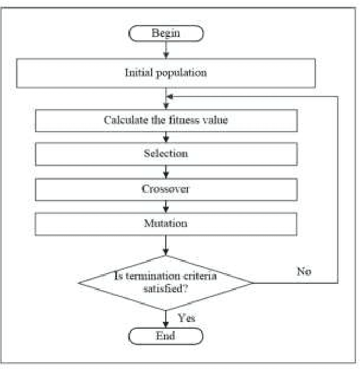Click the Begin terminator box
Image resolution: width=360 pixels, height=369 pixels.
(x=165, y=33)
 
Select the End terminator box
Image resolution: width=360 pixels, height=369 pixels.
(x=165, y=336)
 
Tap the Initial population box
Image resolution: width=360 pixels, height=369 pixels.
(x=165, y=73)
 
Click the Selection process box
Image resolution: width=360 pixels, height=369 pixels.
(x=165, y=154)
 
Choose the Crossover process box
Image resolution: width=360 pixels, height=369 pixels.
(x=165, y=189)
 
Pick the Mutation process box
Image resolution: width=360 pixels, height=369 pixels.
(x=165, y=224)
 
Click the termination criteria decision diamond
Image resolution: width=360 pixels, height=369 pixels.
(x=165, y=282)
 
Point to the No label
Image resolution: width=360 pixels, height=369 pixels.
(x=304, y=271)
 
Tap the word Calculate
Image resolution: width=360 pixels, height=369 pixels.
(x=122, y=120)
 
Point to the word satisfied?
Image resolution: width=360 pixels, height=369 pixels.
(x=165, y=289)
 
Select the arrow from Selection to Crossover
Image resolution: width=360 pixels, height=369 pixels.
(x=165, y=171)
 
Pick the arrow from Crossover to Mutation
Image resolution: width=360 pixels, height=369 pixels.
(x=165, y=206)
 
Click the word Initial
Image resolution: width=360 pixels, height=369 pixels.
(x=137, y=73)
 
